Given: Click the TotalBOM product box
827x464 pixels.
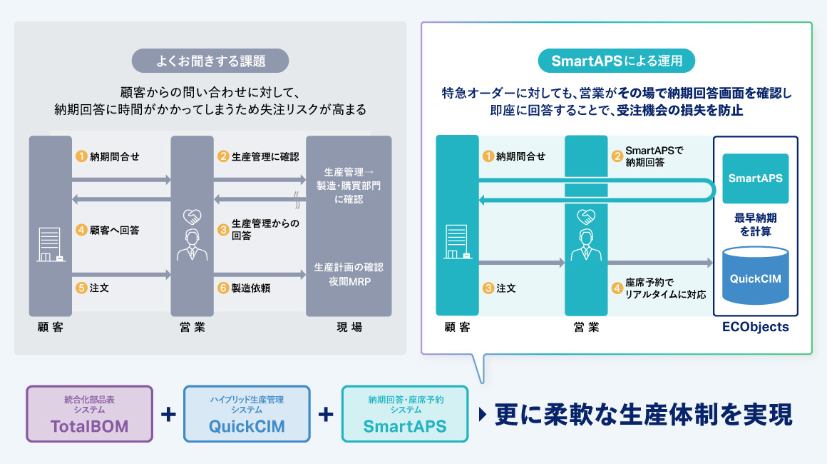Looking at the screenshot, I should coord(90,414).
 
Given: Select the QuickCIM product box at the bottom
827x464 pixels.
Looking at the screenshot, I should coord(247,414).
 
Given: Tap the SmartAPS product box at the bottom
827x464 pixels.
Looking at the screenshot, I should coord(405,414).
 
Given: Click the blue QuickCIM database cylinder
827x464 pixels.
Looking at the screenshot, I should coord(756,277).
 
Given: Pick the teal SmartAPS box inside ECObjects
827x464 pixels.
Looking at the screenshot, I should coord(756,178).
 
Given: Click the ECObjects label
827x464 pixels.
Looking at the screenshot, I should coord(756,327).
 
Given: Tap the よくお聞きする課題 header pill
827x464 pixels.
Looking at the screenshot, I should coord(210,61).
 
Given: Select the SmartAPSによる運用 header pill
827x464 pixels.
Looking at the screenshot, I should coord(617,61).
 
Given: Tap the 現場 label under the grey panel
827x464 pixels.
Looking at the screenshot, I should coord(349,327).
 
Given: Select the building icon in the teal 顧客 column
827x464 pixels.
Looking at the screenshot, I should coord(456,243).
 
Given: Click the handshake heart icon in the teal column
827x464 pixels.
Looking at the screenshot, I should coord(585,215).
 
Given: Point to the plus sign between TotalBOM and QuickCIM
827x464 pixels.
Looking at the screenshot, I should coord(169,414).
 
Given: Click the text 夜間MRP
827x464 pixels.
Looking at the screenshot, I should coord(349,281).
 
